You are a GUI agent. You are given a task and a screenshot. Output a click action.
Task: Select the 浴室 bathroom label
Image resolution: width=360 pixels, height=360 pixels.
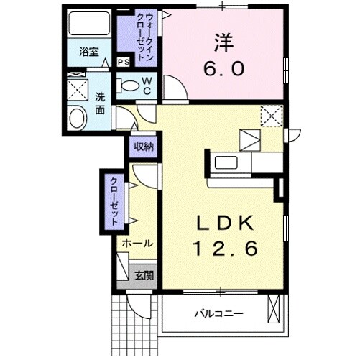[x=88, y=53]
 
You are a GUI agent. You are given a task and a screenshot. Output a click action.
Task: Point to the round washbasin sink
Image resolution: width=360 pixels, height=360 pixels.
[x=75, y=119]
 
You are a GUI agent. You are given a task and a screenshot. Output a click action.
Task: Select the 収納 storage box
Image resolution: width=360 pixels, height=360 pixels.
[x=143, y=147]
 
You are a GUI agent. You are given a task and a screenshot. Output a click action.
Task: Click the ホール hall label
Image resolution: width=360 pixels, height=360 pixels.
[x=136, y=244]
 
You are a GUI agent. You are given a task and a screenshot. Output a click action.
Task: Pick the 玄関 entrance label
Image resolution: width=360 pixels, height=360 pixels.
[x=144, y=274]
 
